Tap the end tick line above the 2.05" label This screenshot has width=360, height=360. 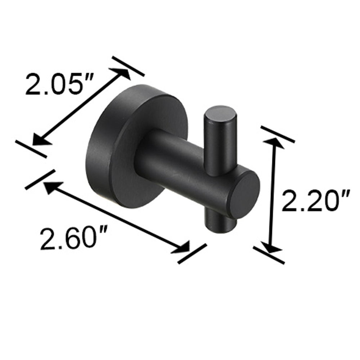pyautogui.click(x=128, y=66)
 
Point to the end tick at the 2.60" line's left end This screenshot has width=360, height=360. pyautogui.click(x=37, y=180)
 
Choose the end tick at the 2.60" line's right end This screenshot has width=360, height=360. pyautogui.click(x=192, y=254)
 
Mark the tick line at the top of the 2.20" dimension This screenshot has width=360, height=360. pyautogui.click(x=278, y=134)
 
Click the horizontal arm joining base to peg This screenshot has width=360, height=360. pyautogui.click(x=180, y=162)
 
